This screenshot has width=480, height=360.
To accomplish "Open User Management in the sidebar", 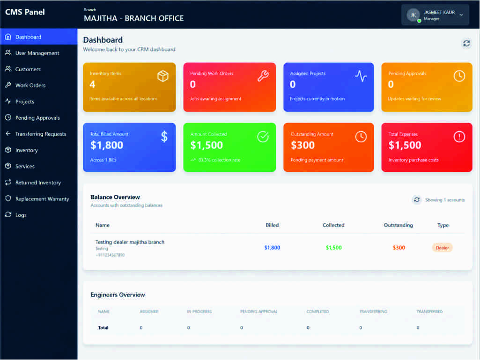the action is tap(37, 53).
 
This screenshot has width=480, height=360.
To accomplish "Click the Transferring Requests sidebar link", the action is tap(40, 134).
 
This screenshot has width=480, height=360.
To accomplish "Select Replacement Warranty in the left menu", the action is tap(42, 198).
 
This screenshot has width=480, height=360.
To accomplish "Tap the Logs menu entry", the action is tap(21, 215).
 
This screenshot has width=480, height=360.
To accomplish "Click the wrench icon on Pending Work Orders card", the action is tap(263, 76).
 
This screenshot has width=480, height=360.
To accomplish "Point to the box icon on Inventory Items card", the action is tap(163, 76).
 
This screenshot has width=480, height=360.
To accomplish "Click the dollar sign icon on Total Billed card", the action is tap(164, 137).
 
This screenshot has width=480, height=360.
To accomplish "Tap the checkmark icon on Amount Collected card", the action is tap(263, 137).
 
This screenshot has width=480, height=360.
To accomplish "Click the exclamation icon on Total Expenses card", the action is tap(459, 137).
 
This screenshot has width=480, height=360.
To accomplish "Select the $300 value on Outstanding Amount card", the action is tap(303, 145).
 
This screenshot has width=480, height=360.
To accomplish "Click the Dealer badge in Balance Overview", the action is tap(443, 248).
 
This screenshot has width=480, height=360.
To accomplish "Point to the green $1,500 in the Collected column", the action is tap(334, 248).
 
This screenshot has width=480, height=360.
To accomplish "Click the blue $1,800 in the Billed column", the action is tap(272, 248).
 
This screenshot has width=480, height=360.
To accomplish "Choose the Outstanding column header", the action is tap(398, 225).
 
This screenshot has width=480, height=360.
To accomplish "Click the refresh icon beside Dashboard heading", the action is tap(466, 44).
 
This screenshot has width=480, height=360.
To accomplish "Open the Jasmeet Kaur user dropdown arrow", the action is tap(461, 15).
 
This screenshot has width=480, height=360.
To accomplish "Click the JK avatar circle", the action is tap(413, 15).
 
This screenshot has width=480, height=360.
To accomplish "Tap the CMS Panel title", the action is tap(25, 12).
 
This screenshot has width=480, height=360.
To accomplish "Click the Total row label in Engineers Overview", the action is tap(103, 328).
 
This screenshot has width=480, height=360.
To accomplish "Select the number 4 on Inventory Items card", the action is tap(92, 84).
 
